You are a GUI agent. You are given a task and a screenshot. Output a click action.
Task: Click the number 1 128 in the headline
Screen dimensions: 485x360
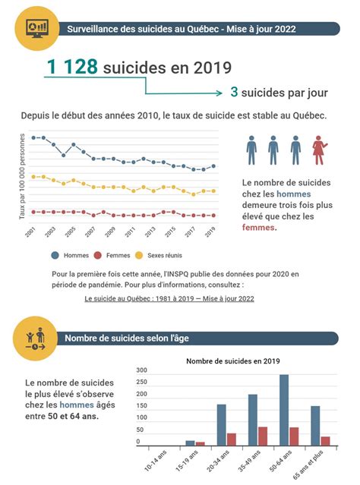coord(72,67)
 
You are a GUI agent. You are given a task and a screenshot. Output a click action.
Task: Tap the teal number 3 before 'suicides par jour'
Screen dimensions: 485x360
coord(235,93)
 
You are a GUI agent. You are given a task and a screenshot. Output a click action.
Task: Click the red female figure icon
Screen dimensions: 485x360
coord(319,150)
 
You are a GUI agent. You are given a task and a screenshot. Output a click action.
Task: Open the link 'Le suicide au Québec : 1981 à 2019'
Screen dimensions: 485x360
coord(169,298)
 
